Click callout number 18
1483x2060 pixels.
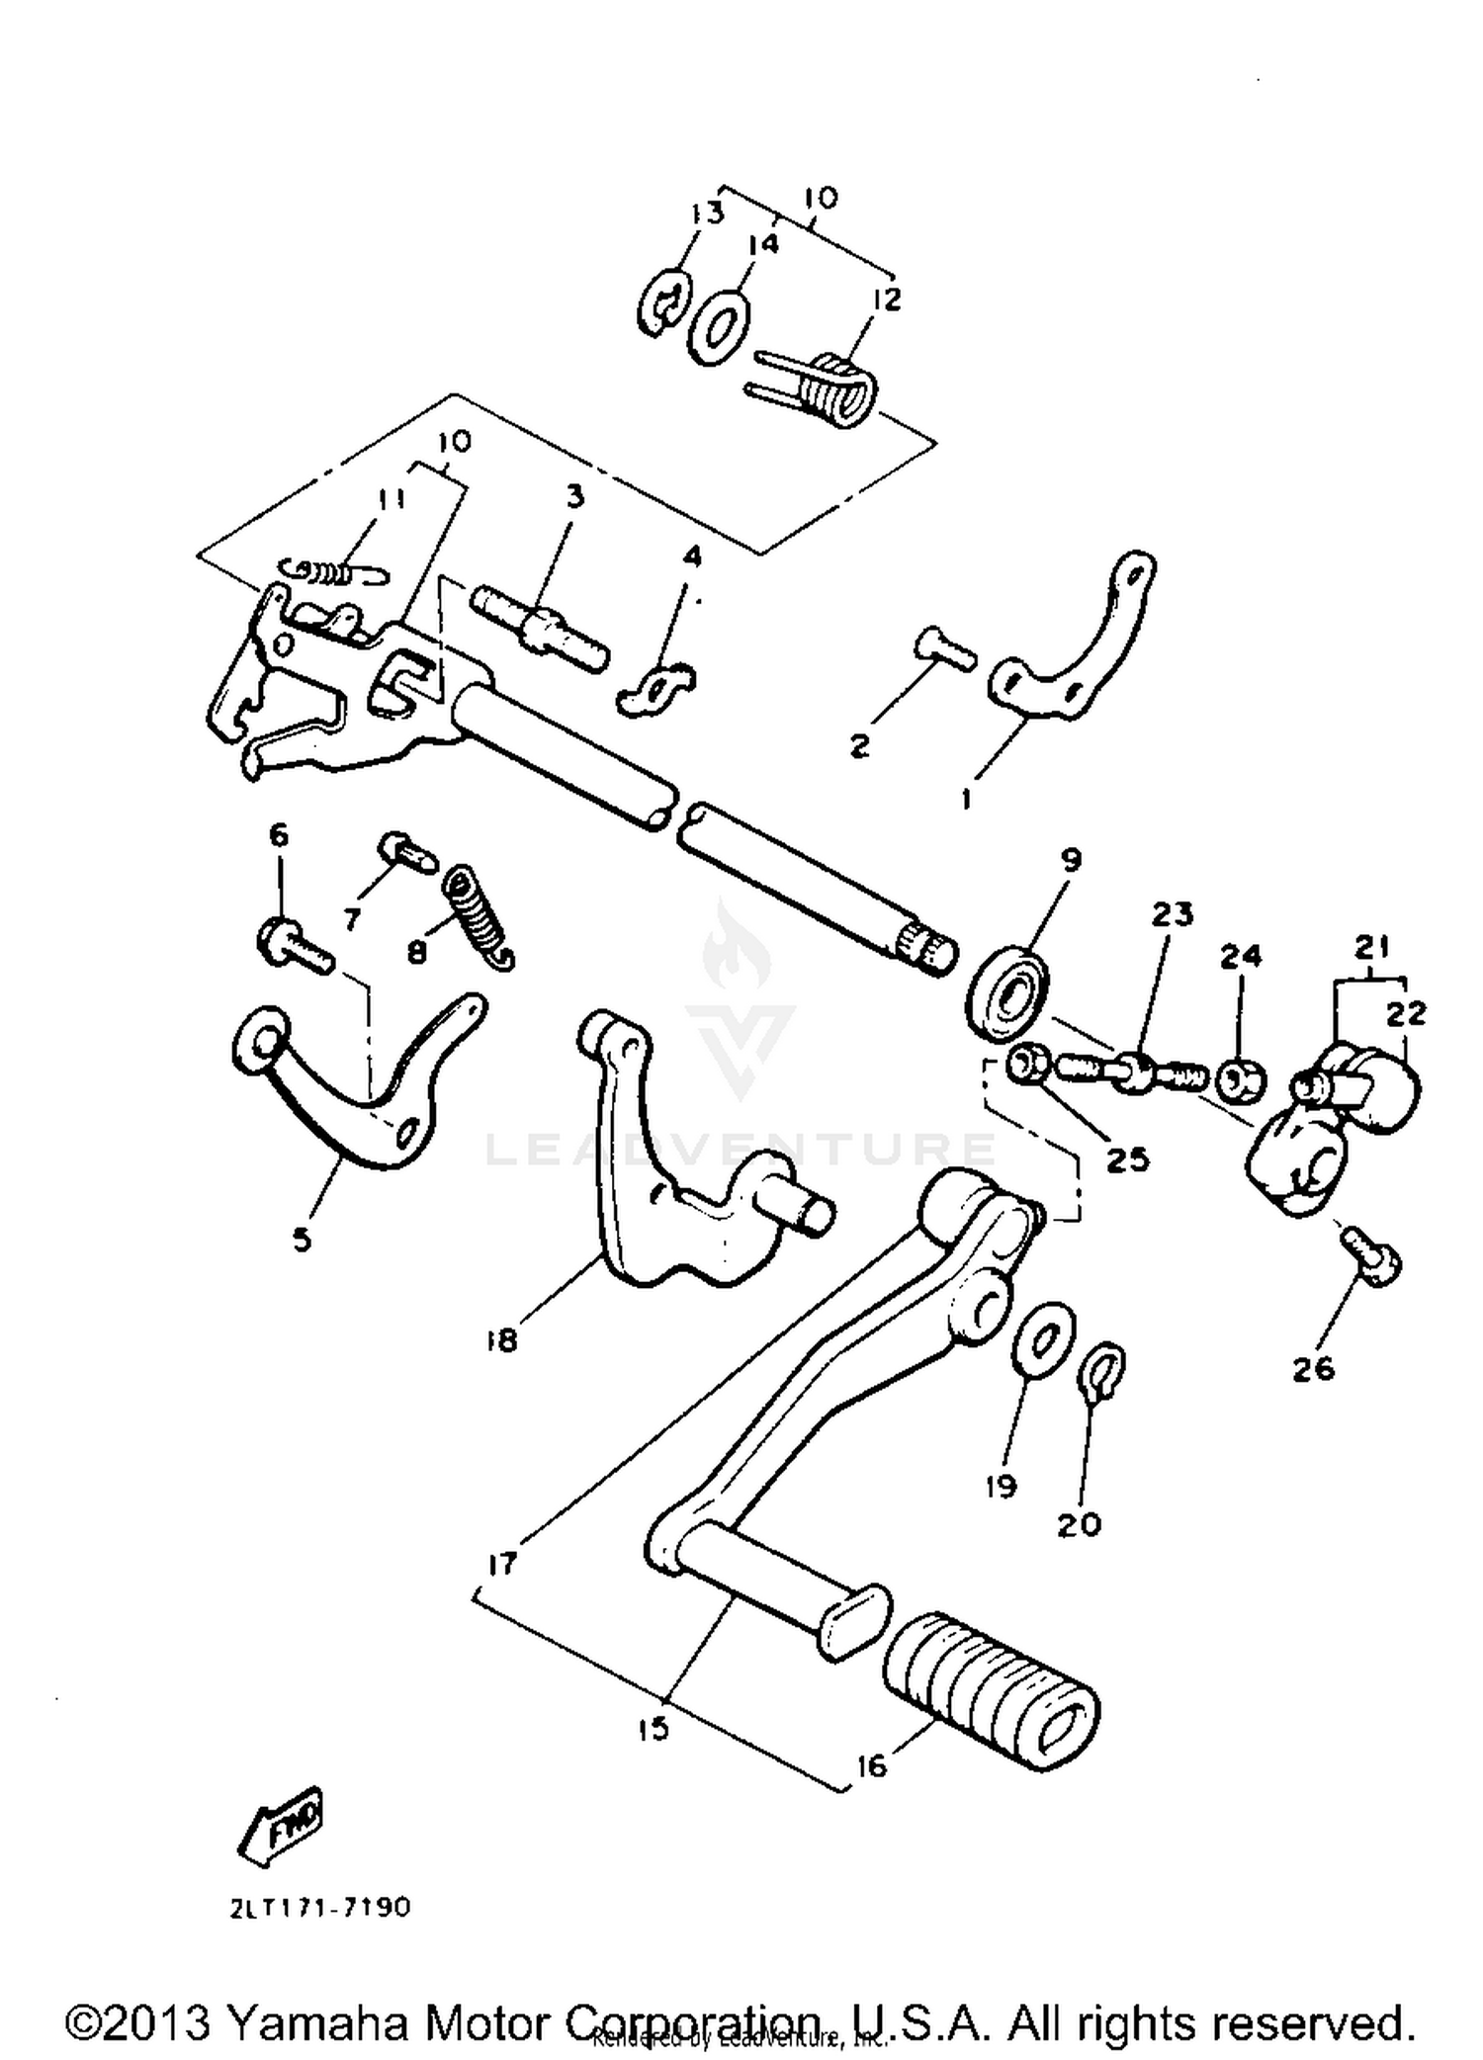click(502, 1341)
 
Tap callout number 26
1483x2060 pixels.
click(1313, 1368)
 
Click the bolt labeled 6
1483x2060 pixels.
click(291, 946)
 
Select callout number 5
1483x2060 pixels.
click(303, 1239)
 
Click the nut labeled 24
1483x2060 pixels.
click(1240, 1079)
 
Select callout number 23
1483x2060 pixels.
click(1173, 914)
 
